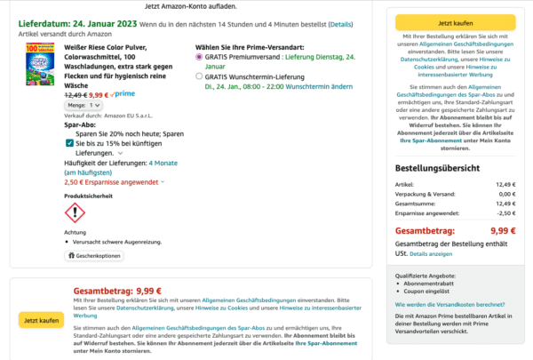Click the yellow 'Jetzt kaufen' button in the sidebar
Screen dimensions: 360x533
click(455, 20)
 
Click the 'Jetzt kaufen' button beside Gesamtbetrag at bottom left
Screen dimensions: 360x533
click(41, 320)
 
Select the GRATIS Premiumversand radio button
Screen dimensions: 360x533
click(199, 56)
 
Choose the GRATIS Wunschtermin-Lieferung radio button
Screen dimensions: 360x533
click(199, 76)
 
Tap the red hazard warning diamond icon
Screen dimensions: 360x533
click(76, 212)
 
